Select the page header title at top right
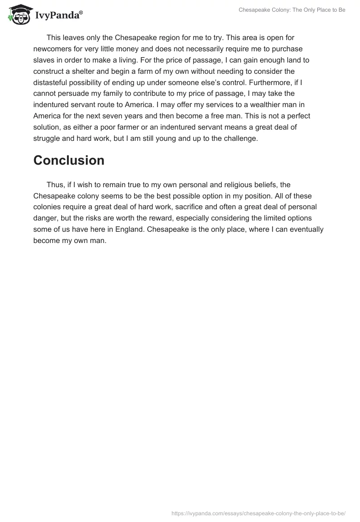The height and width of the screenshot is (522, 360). click(x=292, y=10)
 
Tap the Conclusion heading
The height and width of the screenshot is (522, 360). click(x=69, y=161)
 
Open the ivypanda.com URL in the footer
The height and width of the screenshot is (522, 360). click(x=259, y=512)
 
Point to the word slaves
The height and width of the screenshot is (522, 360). click(x=45, y=60)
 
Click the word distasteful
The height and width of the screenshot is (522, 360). click(x=54, y=82)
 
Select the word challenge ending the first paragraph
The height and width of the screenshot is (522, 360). click(x=239, y=138)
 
